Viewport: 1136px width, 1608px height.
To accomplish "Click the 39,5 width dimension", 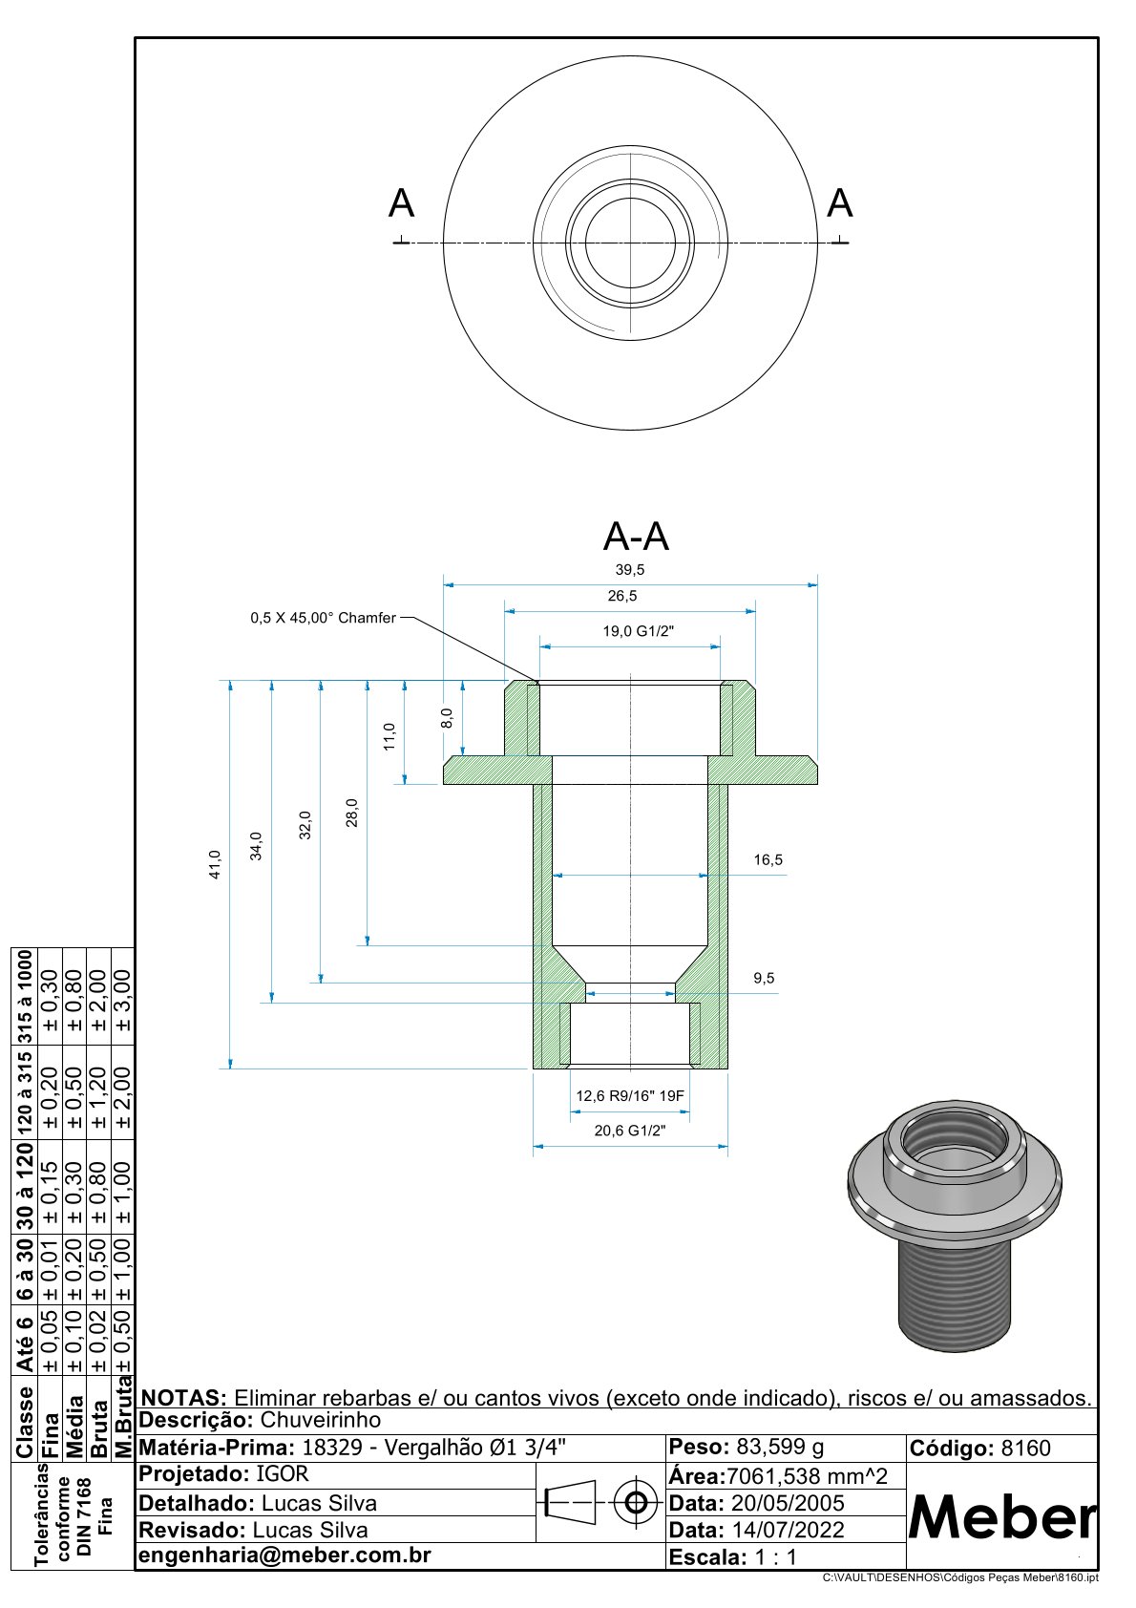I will [x=630, y=570].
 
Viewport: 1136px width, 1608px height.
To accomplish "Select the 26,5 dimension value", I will [x=622, y=596].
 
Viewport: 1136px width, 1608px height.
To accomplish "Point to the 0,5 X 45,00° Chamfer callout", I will [x=323, y=619].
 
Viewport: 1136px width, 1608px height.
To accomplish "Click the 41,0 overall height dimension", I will [x=215, y=864].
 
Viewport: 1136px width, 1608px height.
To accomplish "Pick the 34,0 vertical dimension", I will [x=256, y=846].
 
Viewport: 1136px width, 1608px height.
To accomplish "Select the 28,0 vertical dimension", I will [x=352, y=813].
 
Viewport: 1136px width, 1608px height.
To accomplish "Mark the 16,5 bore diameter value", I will [x=768, y=860].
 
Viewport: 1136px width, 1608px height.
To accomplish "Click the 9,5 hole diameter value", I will [x=764, y=979].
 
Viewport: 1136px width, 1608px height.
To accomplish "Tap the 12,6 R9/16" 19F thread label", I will [x=630, y=1096].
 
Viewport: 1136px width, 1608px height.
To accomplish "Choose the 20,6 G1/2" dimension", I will [x=630, y=1131].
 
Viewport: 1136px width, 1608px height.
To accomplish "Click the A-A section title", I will [x=636, y=537].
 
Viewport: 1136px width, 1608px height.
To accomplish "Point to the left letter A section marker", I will [x=402, y=204].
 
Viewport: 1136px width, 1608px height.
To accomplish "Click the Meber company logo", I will [x=1001, y=1516].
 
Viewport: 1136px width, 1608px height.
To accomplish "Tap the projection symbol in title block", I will [x=600, y=1504].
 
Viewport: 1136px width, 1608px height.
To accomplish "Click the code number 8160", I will [x=1025, y=1449].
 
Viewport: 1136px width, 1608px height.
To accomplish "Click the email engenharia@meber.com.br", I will [x=284, y=1555].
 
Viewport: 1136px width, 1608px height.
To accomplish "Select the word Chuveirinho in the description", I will [x=320, y=1420].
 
